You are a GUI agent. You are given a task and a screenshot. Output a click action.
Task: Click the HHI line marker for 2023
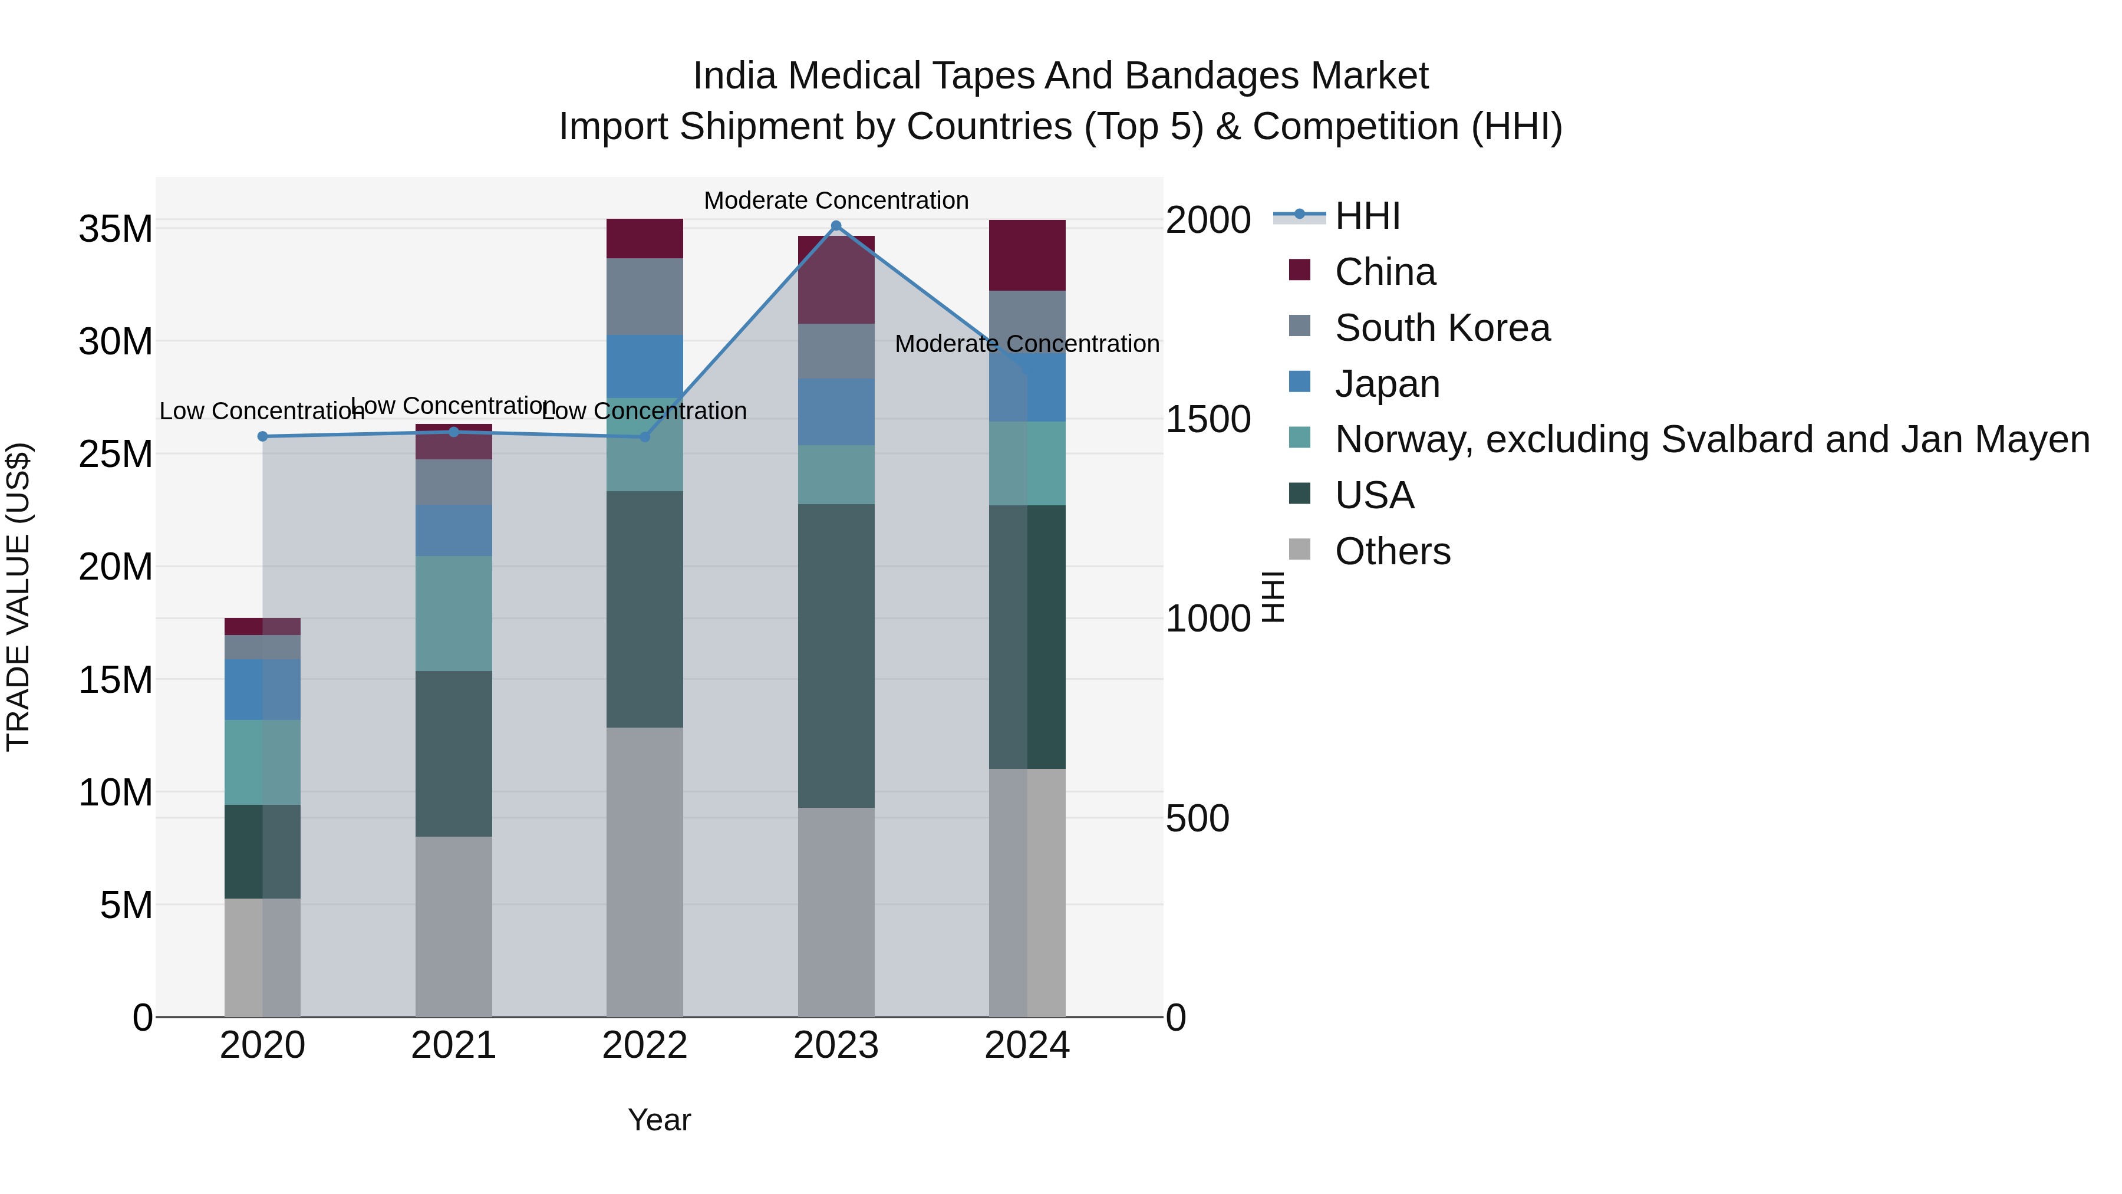pyautogui.click(x=836, y=226)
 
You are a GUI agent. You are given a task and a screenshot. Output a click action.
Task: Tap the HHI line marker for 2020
pyautogui.click(x=263, y=437)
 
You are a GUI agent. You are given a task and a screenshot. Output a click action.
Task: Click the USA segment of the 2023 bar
pyautogui.click(x=836, y=655)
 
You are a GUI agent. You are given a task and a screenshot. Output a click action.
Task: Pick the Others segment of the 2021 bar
pyautogui.click(x=453, y=926)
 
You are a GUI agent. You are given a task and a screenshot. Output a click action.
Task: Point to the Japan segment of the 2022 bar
pyautogui.click(x=644, y=367)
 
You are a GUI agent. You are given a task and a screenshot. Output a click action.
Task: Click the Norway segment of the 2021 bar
pyautogui.click(x=453, y=613)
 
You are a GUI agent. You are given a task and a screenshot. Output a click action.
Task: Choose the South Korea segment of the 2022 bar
pyautogui.click(x=644, y=297)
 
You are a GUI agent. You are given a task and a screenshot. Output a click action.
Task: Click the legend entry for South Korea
pyautogui.click(x=1442, y=328)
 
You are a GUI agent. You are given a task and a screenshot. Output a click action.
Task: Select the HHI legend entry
pyautogui.click(x=1368, y=216)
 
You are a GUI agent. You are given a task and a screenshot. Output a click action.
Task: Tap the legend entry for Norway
pyautogui.click(x=1712, y=439)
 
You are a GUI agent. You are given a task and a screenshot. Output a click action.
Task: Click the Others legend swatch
pyautogui.click(x=1299, y=550)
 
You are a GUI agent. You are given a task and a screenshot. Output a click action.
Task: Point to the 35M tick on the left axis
pyautogui.click(x=116, y=229)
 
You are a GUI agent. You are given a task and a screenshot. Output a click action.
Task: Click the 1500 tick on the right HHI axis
pyautogui.click(x=1208, y=419)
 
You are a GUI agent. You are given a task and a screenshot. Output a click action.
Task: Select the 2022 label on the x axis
pyautogui.click(x=644, y=1045)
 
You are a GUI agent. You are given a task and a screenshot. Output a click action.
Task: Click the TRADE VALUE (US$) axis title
pyautogui.click(x=18, y=597)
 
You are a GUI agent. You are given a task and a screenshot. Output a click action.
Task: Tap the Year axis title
pyautogui.click(x=659, y=1120)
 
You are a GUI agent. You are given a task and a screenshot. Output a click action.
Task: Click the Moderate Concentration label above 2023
pyautogui.click(x=836, y=200)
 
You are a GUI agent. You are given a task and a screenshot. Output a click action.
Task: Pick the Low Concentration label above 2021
pyautogui.click(x=453, y=406)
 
